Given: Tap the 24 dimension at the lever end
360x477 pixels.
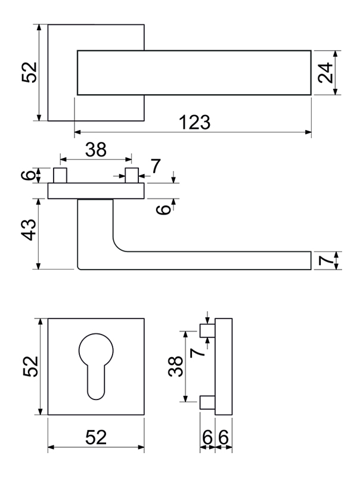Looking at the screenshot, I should pos(324,72).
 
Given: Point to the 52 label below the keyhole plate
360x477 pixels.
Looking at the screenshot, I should pos(95,438).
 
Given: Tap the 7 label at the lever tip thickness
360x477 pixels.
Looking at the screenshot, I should pos(324,261).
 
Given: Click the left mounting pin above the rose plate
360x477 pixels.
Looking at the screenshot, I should pos(60,176).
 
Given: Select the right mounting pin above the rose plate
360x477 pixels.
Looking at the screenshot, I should pos(132,176).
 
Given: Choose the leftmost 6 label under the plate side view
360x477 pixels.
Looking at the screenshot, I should pos(206,438).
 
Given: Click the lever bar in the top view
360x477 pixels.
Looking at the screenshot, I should pos(194,73).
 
